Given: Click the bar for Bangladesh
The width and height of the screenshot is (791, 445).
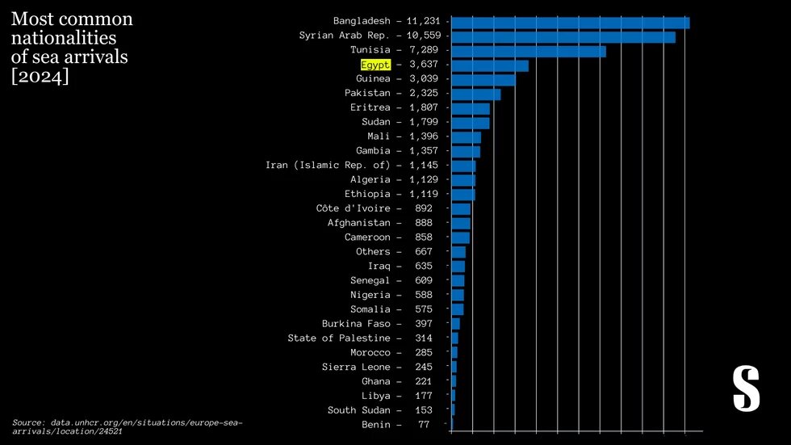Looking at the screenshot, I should click(x=570, y=23).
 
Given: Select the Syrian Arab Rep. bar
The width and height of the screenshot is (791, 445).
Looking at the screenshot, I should click(x=563, y=37).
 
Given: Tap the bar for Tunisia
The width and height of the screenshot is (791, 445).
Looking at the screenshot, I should click(x=528, y=51).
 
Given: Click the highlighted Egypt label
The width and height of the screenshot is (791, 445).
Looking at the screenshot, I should click(x=375, y=64).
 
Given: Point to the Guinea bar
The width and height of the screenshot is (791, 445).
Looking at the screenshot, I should click(x=483, y=79).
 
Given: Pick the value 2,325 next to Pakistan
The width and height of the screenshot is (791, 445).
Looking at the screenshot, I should click(x=424, y=94).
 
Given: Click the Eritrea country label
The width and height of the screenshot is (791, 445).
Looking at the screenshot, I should click(x=370, y=107).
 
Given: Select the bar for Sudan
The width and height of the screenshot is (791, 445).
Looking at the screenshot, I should click(x=470, y=123).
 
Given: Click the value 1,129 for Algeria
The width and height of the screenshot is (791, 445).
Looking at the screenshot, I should click(x=424, y=179).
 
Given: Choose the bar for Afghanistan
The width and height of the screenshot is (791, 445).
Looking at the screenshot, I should click(x=460, y=223).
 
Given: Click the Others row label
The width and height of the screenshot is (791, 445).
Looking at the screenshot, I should click(x=373, y=251).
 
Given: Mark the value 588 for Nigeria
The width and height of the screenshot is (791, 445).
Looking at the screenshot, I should click(x=424, y=295).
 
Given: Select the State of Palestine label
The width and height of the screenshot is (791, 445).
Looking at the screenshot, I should click(x=339, y=338).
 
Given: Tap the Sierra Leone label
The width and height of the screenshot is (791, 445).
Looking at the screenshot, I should click(x=356, y=367).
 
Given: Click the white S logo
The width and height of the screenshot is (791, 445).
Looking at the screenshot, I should click(x=746, y=388).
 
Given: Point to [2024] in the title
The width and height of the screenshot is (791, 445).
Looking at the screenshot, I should click(x=40, y=77).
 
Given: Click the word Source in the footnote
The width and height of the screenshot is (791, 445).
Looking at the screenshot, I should click(x=27, y=422).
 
